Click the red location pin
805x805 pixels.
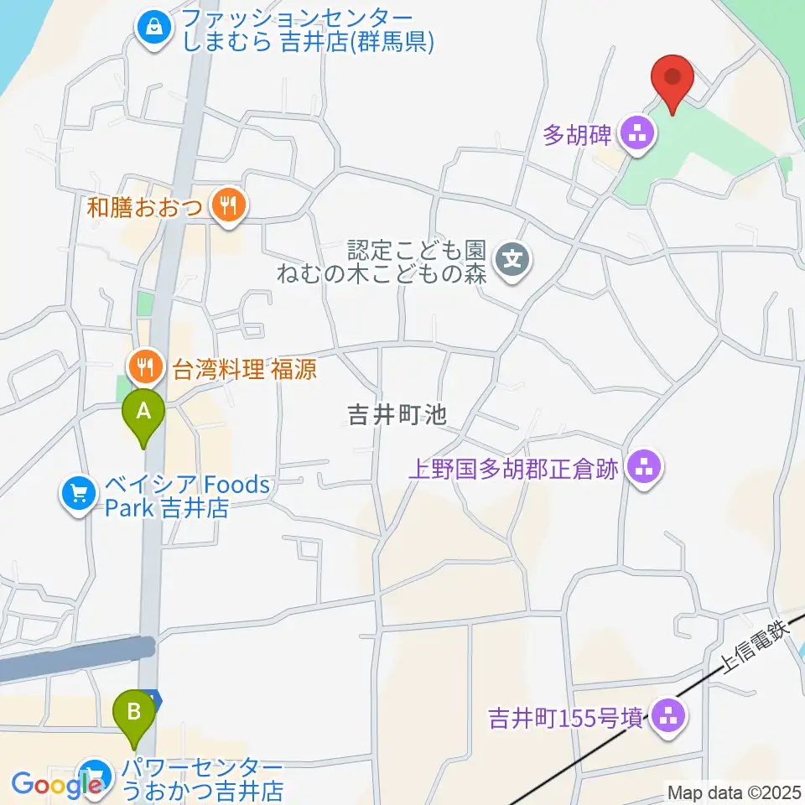pos(673,79)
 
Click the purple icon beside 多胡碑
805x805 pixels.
pos(637,133)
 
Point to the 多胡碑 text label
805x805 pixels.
pos(577,134)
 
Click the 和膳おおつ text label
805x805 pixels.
pos(145,206)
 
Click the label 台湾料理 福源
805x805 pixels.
pos(245,369)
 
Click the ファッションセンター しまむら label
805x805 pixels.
pos(294,30)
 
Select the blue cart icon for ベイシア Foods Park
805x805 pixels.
pos(79,495)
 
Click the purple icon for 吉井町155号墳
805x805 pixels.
pos(668,718)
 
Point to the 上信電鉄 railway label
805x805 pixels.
pos(756,647)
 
